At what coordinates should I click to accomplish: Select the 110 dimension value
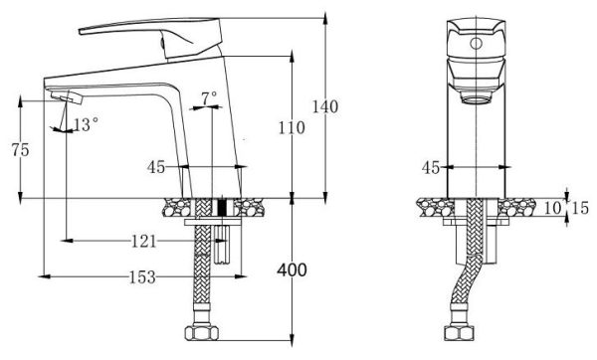pyautogui.click(x=292, y=127)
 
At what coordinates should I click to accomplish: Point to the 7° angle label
pyautogui.click(x=208, y=98)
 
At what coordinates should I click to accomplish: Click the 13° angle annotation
pyautogui.click(x=86, y=125)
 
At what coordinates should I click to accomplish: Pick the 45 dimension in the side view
pyautogui.click(x=156, y=167)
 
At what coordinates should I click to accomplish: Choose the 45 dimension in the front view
pyautogui.click(x=431, y=167)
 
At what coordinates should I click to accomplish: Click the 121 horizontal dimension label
pyautogui.click(x=145, y=241)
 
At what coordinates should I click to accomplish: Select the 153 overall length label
pyautogui.click(x=142, y=277)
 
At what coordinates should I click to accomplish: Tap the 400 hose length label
pyautogui.click(x=293, y=270)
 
